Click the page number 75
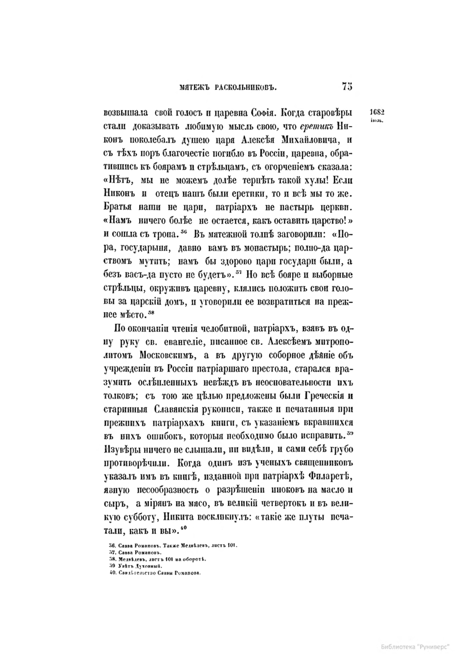tap(347, 86)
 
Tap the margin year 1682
tap(378, 112)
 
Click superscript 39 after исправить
tap(350, 433)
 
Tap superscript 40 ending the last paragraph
tap(183, 527)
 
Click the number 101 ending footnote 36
tap(231, 546)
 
